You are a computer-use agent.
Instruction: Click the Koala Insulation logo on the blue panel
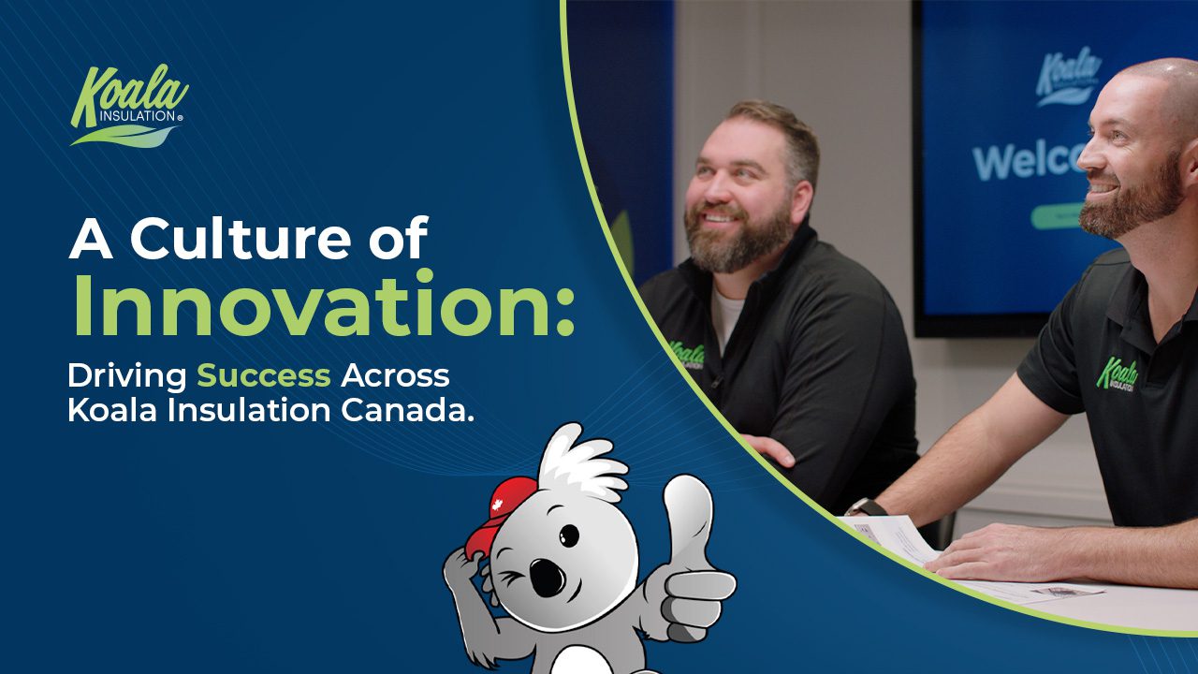pyautogui.click(x=129, y=105)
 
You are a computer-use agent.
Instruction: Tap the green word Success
pyautogui.click(x=264, y=375)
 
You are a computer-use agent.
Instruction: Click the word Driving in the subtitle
pyautogui.click(x=127, y=377)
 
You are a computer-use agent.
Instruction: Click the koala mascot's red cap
pyautogui.click(x=500, y=516)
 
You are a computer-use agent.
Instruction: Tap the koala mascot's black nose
pyautogui.click(x=548, y=578)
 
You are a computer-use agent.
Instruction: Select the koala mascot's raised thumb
pyautogui.click(x=687, y=514)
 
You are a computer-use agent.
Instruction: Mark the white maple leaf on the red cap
pyautogui.click(x=497, y=505)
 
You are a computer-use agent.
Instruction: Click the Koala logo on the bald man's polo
pyautogui.click(x=1117, y=375)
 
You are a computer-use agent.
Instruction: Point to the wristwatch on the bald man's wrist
pyautogui.click(x=865, y=507)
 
